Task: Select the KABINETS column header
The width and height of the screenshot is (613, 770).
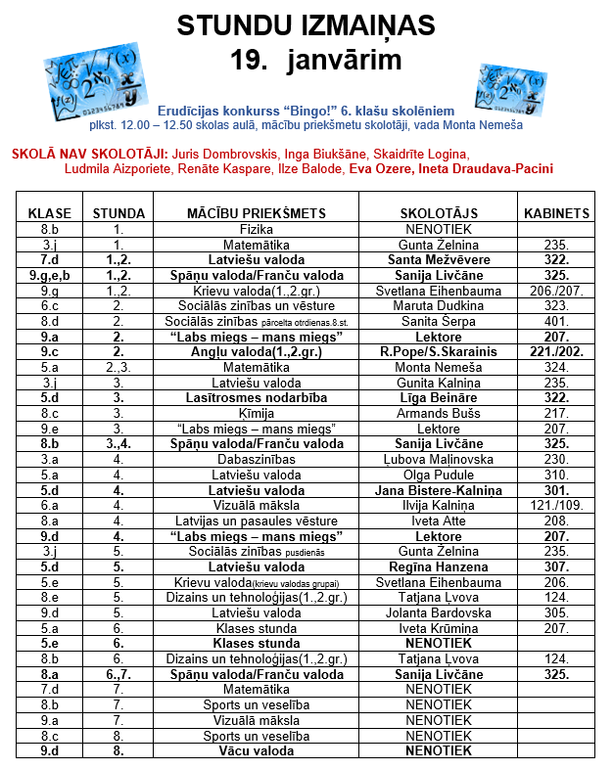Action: (556, 212)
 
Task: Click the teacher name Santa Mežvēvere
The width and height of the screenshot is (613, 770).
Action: (438, 261)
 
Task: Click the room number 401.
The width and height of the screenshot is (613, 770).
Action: (556, 321)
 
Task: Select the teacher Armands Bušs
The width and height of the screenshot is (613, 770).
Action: (438, 413)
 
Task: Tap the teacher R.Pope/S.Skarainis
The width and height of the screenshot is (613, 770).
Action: (438, 352)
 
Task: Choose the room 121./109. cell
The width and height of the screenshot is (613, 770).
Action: (556, 506)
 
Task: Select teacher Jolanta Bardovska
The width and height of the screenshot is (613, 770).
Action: (438, 612)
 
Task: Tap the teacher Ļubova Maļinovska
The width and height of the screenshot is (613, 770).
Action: (438, 459)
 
